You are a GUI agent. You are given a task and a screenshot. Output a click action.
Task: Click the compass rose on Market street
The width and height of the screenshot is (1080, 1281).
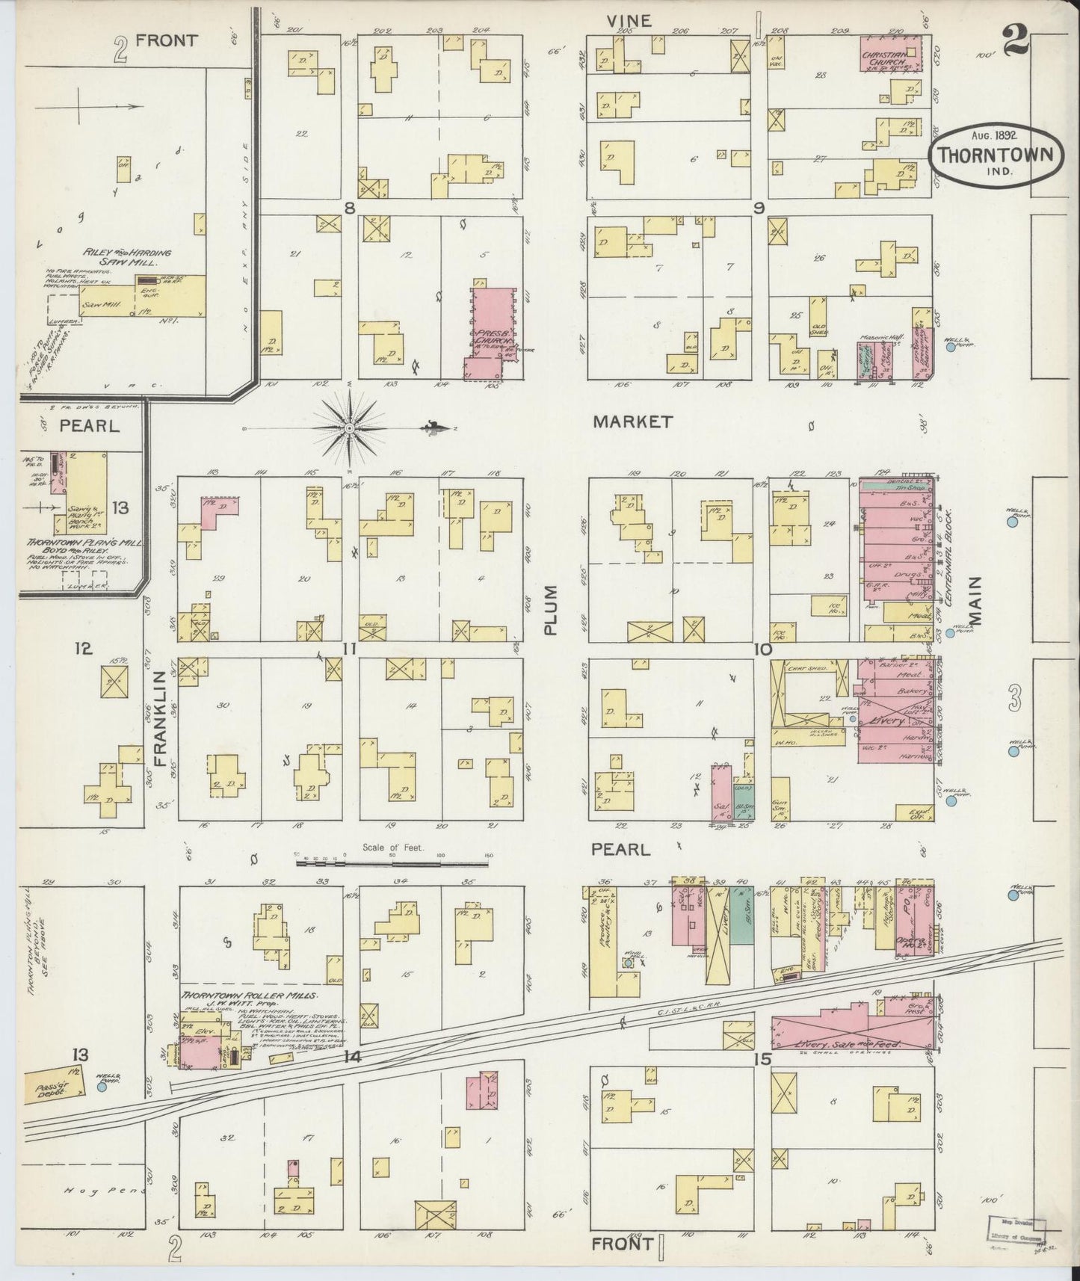point(350,427)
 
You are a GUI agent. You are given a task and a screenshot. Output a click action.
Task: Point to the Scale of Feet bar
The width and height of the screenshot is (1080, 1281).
point(392,863)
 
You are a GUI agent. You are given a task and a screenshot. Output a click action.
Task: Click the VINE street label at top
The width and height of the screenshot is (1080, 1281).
point(629,21)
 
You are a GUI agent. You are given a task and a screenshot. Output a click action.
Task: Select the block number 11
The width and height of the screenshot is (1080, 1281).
point(348,649)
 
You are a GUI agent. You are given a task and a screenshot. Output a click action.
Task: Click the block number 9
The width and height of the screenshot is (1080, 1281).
point(759,209)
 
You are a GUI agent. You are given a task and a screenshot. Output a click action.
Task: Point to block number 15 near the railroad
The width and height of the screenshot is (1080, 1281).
point(762,1058)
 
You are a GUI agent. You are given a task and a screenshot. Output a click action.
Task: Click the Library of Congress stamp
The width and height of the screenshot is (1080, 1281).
point(1018,1227)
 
